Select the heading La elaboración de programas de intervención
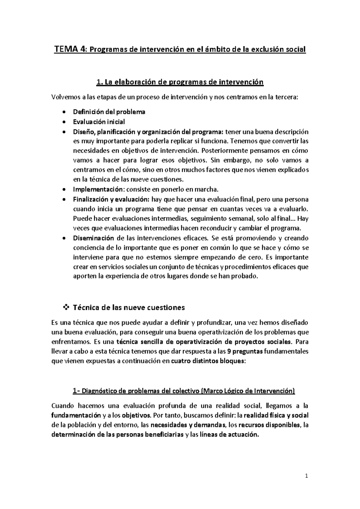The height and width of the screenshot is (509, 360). pyautogui.click(x=180, y=82)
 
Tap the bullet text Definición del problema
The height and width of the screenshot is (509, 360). pyautogui.click(x=109, y=112)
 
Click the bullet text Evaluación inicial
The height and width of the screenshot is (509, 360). pyautogui.click(x=99, y=122)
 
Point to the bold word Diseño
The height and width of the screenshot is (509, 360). pyautogui.click(x=81, y=131)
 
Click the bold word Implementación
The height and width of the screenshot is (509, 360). pyautogui.click(x=98, y=190)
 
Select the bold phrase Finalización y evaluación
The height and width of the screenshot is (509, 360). pyautogui.click(x=111, y=199)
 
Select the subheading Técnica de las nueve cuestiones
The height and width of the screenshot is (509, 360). pyautogui.click(x=129, y=308)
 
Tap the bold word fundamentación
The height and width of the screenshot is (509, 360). pyautogui.click(x=76, y=416)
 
